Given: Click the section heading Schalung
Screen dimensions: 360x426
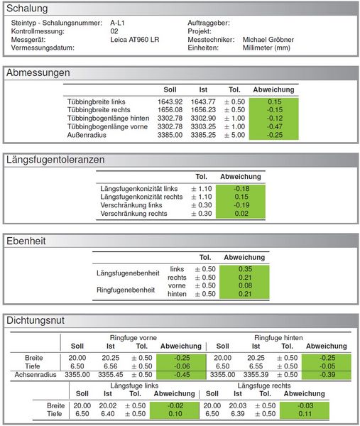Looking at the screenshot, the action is coord(27,9).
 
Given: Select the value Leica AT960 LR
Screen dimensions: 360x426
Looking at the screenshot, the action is coord(135,40).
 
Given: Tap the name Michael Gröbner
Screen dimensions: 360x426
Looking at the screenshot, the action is coord(268,40).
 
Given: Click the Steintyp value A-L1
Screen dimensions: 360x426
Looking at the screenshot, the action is coord(117,23).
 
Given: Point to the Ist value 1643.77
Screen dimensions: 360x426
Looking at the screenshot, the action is coord(203,102).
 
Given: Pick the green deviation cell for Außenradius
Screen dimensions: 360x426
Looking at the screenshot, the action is coord(274,135).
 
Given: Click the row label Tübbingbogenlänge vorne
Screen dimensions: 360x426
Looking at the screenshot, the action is coord(107,127).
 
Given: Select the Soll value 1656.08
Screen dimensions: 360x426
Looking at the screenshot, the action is coord(170,110).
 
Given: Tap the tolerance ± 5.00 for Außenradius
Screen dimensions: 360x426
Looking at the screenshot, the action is coord(234,135).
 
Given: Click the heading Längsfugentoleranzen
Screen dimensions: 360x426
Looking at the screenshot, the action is coord(55,160).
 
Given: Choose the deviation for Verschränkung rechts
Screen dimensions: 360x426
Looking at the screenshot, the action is coord(241,214).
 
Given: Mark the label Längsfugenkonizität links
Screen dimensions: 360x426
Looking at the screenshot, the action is coord(139,189).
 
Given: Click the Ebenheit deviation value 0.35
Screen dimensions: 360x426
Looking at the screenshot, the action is coord(245,269).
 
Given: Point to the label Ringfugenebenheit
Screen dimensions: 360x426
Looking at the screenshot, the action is coord(126,290).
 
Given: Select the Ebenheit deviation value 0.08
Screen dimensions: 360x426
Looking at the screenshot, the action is coord(245,286).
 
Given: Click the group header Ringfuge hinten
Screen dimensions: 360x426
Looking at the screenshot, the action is coord(278,338).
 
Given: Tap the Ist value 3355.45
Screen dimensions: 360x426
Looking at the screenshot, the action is coord(110,375).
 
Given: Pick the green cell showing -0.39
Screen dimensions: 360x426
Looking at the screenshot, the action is coord(327,375).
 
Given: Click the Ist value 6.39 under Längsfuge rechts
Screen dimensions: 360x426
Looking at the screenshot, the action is coord(237,414).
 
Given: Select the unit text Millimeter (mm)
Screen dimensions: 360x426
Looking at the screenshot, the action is coord(266,48).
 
